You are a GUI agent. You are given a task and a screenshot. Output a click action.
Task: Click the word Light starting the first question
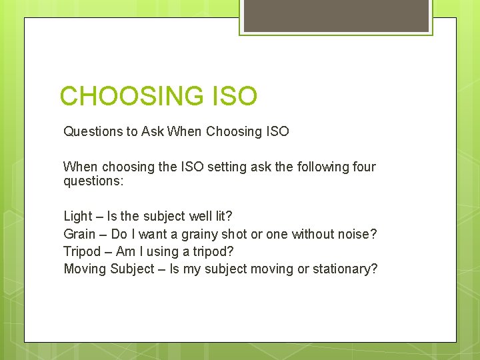coord(77,216)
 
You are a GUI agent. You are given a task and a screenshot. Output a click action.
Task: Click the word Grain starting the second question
coord(79,234)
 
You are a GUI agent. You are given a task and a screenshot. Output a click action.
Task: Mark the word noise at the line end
coord(359,234)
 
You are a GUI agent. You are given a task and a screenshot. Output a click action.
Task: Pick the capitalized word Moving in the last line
coord(85,269)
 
